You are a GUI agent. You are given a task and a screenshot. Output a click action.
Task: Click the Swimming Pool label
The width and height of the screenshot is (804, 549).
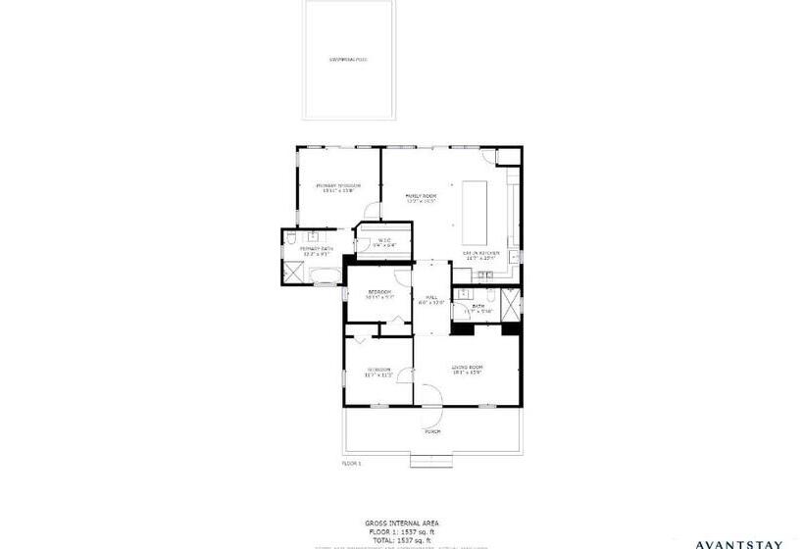click(348, 60)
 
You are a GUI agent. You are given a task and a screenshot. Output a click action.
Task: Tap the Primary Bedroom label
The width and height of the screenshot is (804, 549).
click(338, 187)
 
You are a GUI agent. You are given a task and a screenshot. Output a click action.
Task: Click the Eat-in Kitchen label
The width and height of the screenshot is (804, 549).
click(482, 254)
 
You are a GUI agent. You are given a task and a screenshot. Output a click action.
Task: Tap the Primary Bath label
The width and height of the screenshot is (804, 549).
click(300, 252)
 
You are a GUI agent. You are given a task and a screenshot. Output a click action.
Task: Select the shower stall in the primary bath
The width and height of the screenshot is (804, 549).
click(291, 274)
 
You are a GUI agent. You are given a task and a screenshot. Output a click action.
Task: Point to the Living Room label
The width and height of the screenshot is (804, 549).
click(468, 369)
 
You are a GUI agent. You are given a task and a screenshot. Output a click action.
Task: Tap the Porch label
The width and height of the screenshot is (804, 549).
click(431, 431)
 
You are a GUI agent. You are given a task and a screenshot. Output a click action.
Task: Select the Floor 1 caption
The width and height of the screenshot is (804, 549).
click(352, 463)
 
